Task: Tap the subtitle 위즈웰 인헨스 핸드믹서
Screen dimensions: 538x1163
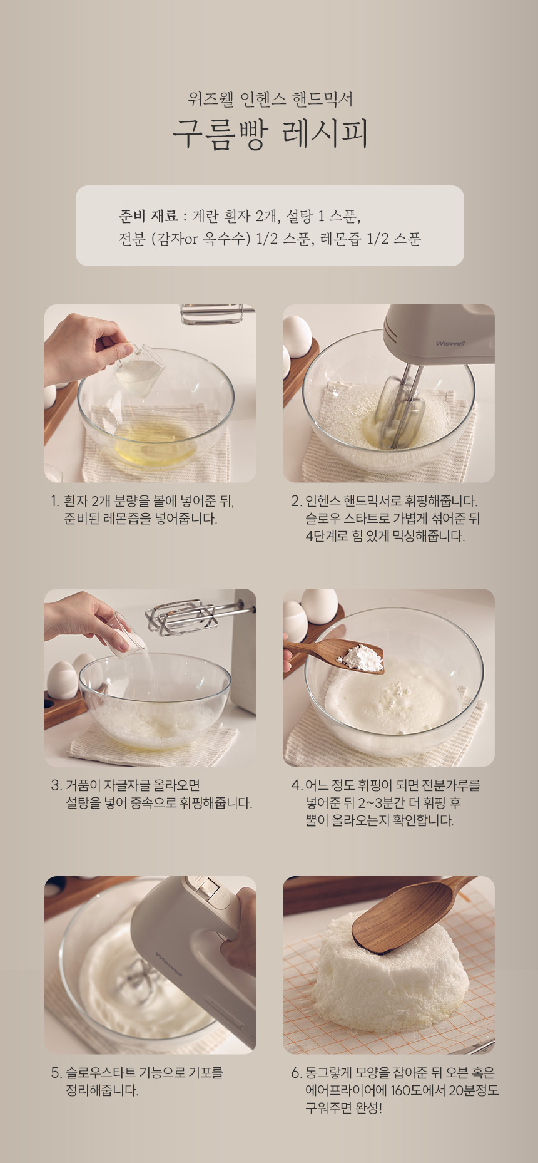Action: click(270, 99)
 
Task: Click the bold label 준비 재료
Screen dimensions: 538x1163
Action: click(148, 217)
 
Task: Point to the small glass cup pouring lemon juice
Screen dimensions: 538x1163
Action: click(140, 369)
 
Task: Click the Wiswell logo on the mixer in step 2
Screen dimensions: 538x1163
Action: click(450, 343)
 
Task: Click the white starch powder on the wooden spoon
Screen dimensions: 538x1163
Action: click(362, 657)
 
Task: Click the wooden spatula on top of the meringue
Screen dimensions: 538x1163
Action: click(407, 911)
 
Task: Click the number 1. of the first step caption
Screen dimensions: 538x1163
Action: click(55, 501)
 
